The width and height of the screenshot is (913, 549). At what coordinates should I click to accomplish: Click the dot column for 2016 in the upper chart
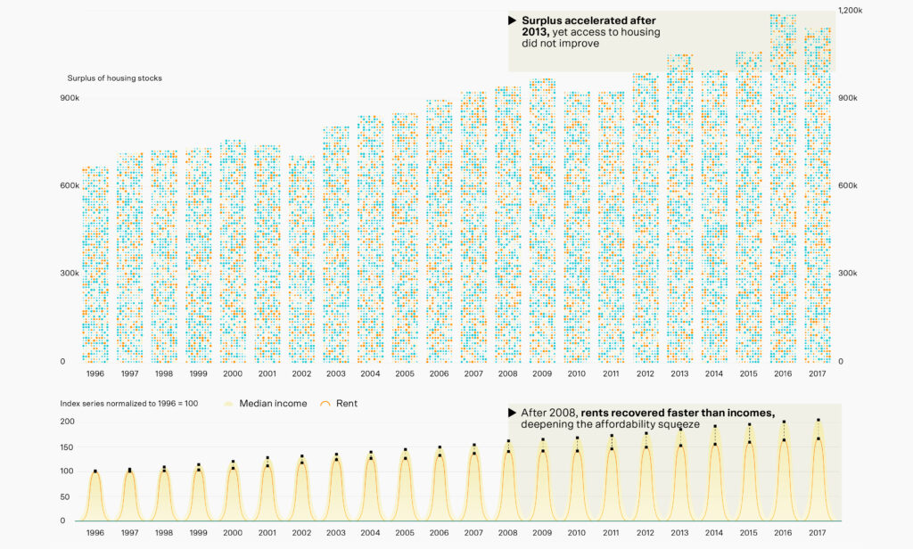tap(783, 187)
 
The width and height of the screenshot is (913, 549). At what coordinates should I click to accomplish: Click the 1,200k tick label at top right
tap(850, 10)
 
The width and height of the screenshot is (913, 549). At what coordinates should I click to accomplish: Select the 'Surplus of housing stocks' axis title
tap(114, 78)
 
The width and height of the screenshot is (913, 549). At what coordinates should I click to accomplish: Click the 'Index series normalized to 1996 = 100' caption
tap(128, 404)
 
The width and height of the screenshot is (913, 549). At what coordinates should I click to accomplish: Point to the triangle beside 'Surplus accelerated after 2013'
tap(512, 20)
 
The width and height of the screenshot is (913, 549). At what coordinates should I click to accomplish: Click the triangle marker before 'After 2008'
tap(512, 413)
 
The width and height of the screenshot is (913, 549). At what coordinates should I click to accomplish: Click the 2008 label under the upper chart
tap(507, 373)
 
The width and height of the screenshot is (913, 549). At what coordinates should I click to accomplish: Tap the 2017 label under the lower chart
tap(817, 532)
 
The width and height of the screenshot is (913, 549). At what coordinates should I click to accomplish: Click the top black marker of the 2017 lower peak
tap(818, 421)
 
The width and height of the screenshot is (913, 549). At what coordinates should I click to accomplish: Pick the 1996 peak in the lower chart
tap(95, 472)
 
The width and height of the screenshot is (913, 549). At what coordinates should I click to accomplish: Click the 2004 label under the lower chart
tap(370, 532)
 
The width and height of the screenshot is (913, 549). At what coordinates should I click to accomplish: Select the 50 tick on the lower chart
tap(68, 496)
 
